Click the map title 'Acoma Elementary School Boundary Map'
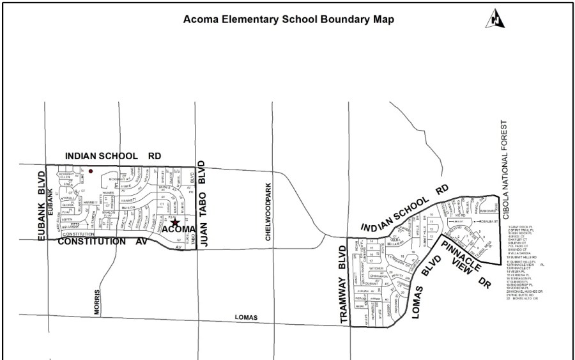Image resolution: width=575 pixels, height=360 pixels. coord(289,19)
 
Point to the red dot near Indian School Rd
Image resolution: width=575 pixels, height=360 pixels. coord(91,171)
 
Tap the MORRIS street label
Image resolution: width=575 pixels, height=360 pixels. coord(98,301)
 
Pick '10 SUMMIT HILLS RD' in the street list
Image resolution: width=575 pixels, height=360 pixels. coord(525,257)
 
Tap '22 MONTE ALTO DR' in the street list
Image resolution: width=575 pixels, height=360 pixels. coord(526,299)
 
